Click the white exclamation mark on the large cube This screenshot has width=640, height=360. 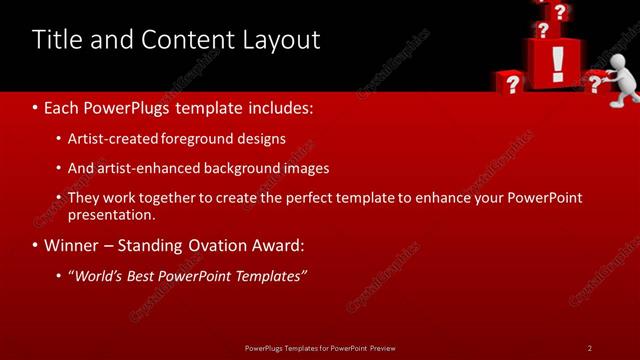[x=558, y=62]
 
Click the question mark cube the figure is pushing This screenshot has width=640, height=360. [x=597, y=84]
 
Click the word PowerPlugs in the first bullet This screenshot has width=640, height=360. [x=133, y=106]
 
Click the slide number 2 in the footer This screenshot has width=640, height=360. [x=589, y=348]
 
